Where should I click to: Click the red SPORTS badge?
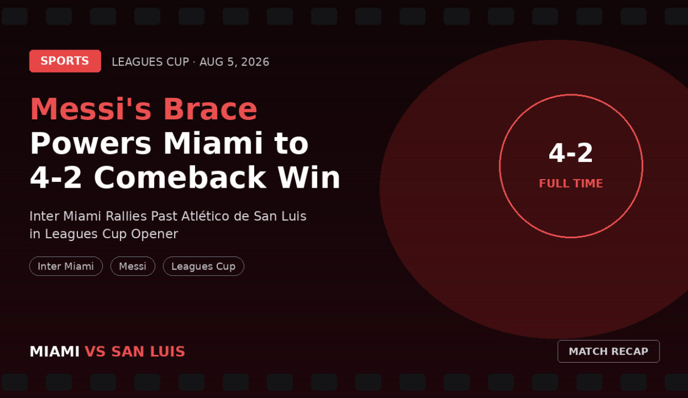(x=65, y=61)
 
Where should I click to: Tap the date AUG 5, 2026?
(x=234, y=62)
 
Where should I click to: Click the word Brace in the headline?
(x=210, y=109)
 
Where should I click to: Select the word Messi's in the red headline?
(x=91, y=109)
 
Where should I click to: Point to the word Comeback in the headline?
(x=180, y=177)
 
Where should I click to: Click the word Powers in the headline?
(x=91, y=144)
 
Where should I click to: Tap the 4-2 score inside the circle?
(x=571, y=153)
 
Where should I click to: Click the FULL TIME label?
(x=571, y=183)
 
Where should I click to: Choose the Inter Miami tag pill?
(x=66, y=266)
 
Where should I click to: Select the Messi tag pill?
(x=132, y=266)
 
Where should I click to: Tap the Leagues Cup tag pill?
(x=204, y=266)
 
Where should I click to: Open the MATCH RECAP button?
(x=608, y=351)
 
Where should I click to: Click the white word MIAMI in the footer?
(x=55, y=351)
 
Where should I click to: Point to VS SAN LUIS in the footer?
(x=135, y=351)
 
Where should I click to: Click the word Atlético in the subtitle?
(x=205, y=216)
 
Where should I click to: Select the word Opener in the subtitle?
(x=155, y=234)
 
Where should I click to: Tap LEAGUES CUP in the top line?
(x=151, y=62)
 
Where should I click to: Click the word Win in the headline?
(x=309, y=177)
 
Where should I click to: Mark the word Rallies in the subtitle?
(x=126, y=216)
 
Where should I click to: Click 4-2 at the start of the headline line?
(x=56, y=177)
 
